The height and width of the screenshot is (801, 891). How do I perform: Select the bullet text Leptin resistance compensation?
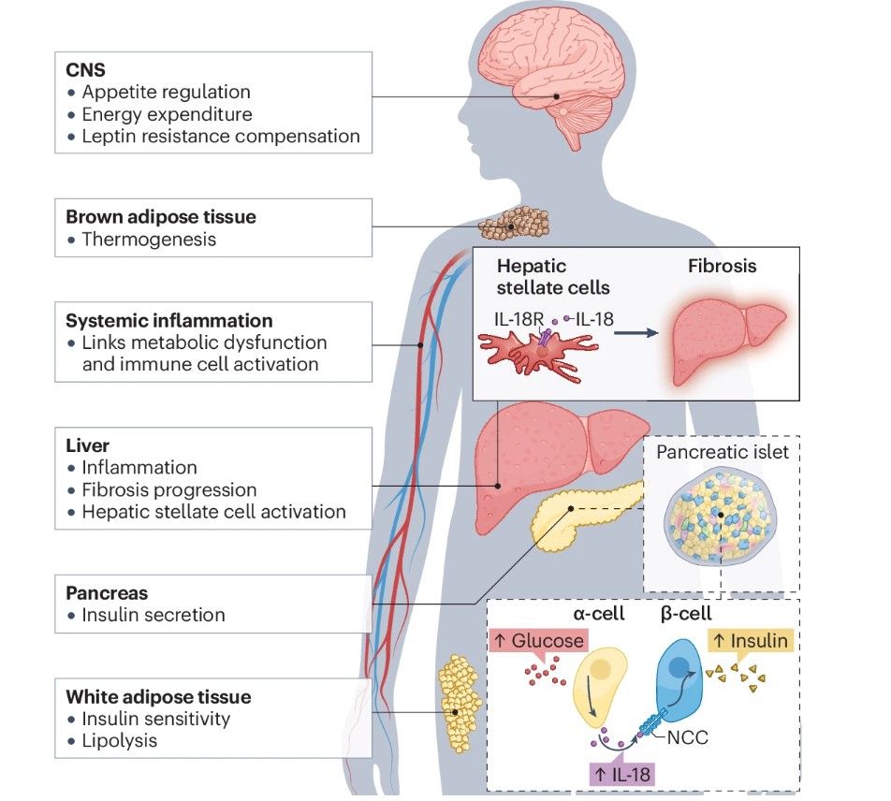pos(221,137)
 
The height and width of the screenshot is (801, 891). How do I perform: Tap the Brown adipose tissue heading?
pos(160,216)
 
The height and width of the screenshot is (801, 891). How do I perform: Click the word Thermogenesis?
pos(149,239)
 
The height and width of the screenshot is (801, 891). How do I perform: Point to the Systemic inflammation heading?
pos(169,320)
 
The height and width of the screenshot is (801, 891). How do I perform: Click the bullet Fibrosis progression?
pos(169,489)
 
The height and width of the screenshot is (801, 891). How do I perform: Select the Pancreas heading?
pos(107,592)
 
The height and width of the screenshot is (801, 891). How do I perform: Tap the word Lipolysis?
pos(119,741)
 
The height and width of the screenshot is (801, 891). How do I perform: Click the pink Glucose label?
pos(539,641)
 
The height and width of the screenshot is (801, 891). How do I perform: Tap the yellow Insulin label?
pos(751,641)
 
